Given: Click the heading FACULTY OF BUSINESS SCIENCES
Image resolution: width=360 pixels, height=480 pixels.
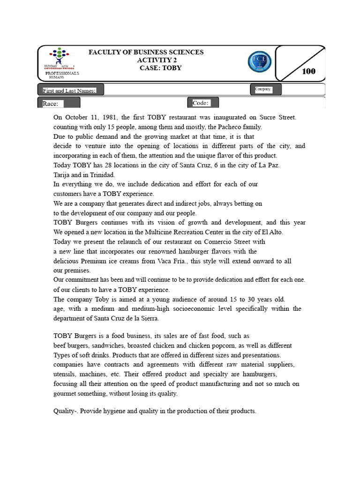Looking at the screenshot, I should click(x=146, y=52).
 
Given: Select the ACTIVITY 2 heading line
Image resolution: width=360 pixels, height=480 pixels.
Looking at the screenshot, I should click(x=157, y=60).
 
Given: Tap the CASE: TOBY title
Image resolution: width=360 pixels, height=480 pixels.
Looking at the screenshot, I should click(x=160, y=68).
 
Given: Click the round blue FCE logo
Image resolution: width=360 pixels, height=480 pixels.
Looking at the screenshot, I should click(x=259, y=63).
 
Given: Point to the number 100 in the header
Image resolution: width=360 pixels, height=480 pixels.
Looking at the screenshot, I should click(x=308, y=71).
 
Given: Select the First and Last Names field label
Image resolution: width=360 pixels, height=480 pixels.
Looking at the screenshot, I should click(x=69, y=90).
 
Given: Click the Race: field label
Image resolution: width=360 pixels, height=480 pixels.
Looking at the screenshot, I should click(x=53, y=104).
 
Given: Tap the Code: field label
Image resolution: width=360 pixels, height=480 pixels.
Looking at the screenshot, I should click(x=201, y=103).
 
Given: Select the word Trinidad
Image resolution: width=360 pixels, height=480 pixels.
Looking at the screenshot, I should click(x=100, y=174).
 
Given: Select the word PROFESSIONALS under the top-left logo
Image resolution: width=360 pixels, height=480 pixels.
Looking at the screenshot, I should click(x=62, y=74).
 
